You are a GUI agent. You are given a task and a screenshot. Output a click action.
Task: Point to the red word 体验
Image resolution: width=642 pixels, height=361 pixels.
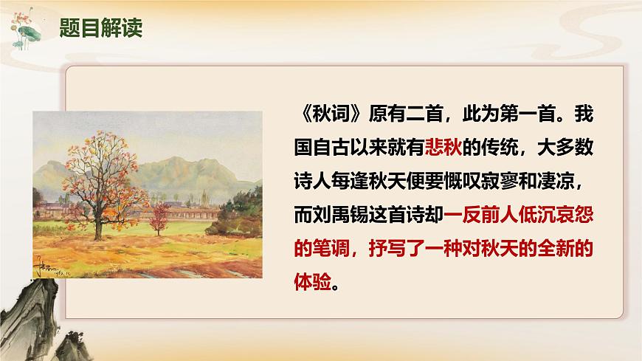tap(313, 283)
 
